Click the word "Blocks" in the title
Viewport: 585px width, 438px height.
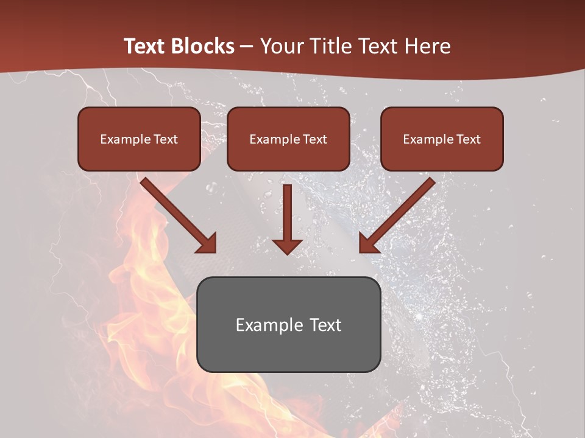point(202,46)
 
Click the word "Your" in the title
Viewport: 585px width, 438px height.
point(280,46)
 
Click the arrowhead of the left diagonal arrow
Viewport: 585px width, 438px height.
point(207,243)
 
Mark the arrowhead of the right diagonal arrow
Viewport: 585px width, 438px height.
point(368,243)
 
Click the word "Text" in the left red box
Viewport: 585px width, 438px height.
point(165,139)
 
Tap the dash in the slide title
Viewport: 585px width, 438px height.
point(247,46)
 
